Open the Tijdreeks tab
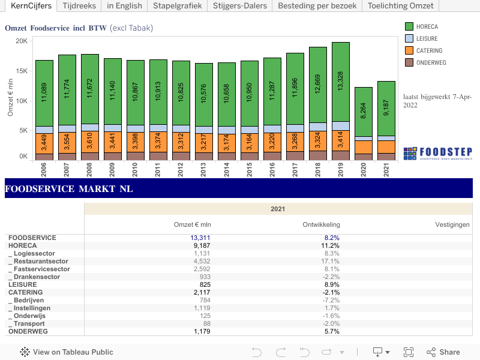79,6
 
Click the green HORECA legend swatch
409,26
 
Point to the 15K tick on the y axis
22,71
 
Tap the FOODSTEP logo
437,152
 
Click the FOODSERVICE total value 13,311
201,238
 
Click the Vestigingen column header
452,224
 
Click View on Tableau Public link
67,352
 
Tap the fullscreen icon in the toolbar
409,352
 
